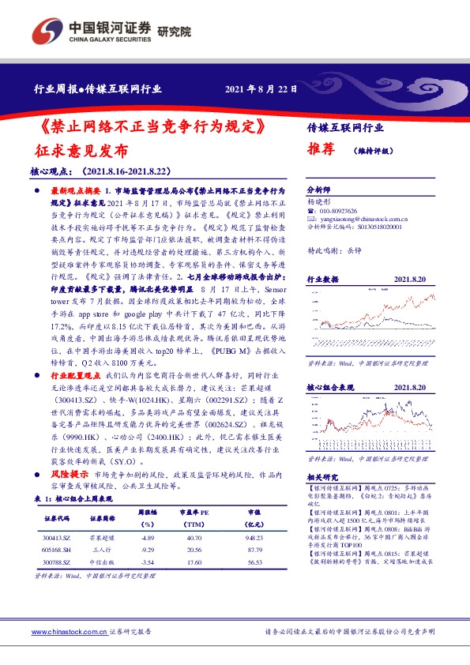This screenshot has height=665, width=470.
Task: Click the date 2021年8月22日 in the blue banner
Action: pyautogui.click(x=261, y=89)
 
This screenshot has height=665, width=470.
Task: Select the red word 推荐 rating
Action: pyautogui.click(x=321, y=148)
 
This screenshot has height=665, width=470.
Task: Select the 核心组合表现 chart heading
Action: pyautogui.click(x=328, y=388)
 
